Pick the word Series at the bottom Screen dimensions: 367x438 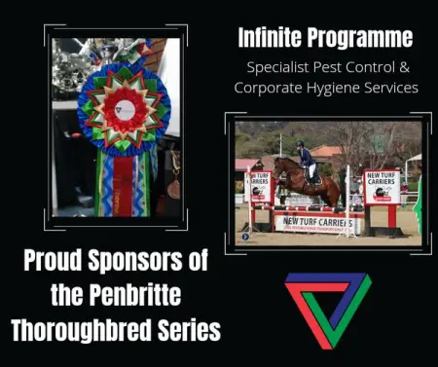[x=190, y=331]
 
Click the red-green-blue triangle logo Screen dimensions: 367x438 [x=326, y=310]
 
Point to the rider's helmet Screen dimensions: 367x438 [x=304, y=146]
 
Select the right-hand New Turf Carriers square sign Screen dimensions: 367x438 [x=382, y=185]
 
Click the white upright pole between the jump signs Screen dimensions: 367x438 [x=347, y=200]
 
